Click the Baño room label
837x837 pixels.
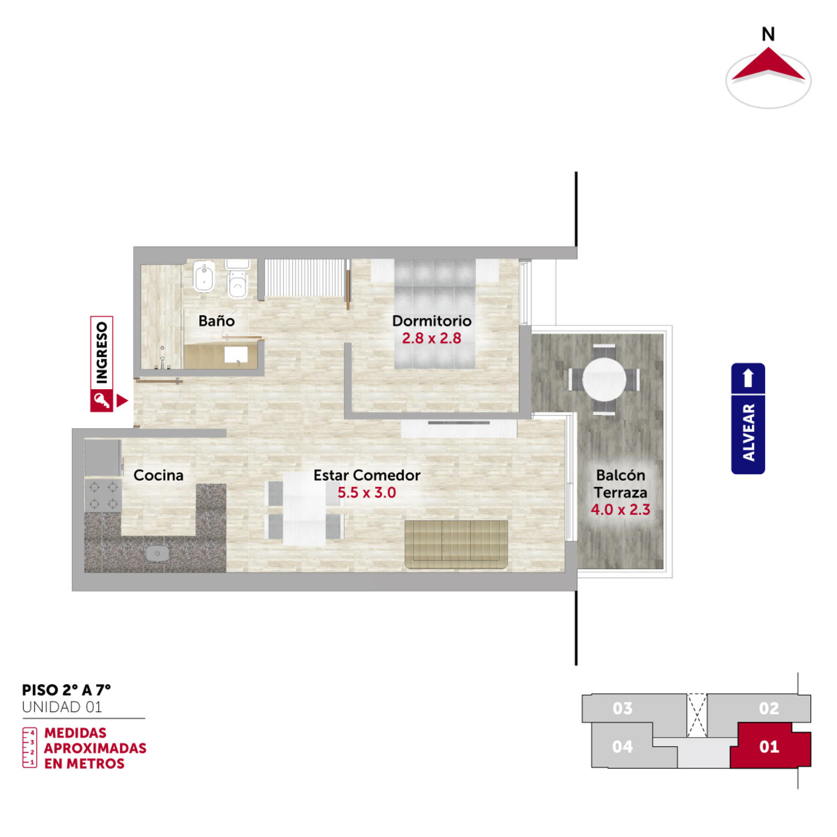pos(216,321)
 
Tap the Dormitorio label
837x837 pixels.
pos(432,321)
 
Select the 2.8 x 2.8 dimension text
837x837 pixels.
pos(432,338)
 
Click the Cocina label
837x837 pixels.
pos(159,475)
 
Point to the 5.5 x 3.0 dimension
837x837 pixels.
pos(367,492)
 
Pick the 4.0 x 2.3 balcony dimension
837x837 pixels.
pos(620,510)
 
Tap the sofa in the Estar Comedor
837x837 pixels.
pos(456,544)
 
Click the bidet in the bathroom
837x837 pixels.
pos(204,276)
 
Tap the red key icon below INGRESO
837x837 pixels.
pos(101,401)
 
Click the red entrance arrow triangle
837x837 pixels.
pos(121,401)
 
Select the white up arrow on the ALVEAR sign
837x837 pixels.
pos(748,378)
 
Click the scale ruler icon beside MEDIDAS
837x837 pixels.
pos(29,748)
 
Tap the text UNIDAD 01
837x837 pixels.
pos(62,707)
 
